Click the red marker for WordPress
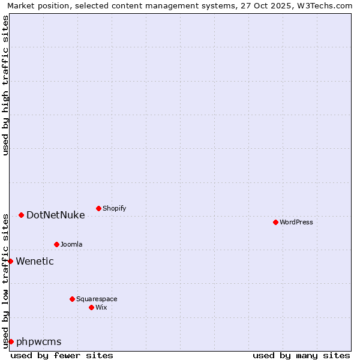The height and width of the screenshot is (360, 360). pos(275,222)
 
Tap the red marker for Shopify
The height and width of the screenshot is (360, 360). pos(98,208)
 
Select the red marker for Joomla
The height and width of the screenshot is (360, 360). pos(56,244)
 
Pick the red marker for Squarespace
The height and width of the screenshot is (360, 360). pos(72,299)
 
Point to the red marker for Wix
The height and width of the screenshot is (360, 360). pos(91,307)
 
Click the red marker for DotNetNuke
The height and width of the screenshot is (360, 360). pos(21,215)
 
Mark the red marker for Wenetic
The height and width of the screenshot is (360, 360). pos(10,261)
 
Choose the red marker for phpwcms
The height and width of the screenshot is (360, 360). pos(11,341)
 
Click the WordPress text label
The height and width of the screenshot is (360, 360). pos(296,222)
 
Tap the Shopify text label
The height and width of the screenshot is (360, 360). pos(115,208)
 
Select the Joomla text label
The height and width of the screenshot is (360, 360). pos(71,244)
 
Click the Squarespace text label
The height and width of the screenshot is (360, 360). pos(97,299)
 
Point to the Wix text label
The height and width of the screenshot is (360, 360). pos(101,307)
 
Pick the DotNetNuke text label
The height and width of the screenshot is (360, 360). pos(56,215)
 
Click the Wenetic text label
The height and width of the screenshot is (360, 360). pos(35,261)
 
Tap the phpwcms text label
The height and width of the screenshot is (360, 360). pos(39,341)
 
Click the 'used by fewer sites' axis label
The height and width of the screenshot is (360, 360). pos(62,355)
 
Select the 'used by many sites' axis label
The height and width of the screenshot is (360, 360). pos(301,355)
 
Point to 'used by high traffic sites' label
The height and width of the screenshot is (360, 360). pos(5,85)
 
